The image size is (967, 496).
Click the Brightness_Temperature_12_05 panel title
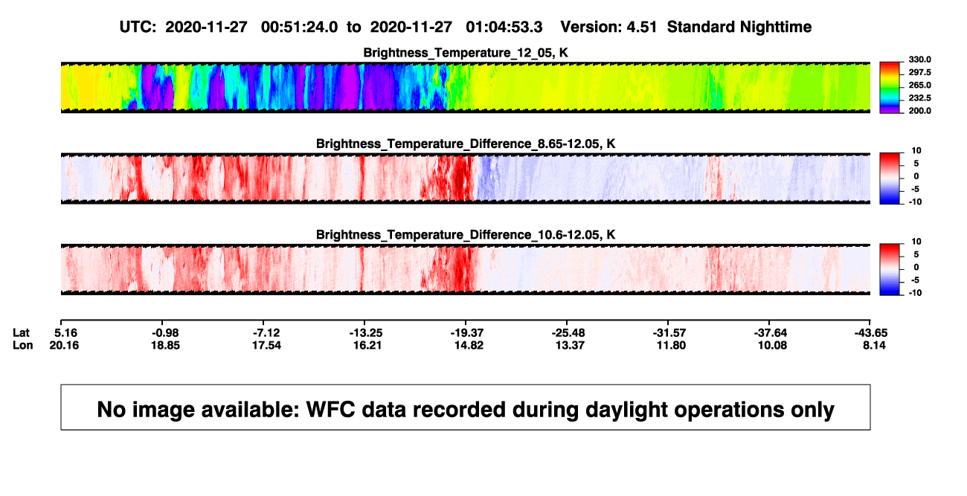(x=466, y=53)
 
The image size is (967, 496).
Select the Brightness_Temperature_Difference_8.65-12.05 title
(x=466, y=144)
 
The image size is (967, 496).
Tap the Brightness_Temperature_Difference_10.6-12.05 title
(x=466, y=235)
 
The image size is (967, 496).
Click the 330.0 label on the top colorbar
(x=919, y=59)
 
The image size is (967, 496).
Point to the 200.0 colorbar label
(x=919, y=111)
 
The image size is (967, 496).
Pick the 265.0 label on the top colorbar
(x=919, y=85)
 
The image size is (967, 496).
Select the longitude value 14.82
(x=469, y=345)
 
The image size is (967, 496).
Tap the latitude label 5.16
(x=65, y=333)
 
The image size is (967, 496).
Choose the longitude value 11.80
(x=671, y=345)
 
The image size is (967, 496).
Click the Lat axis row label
(x=21, y=333)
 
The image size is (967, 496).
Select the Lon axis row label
(x=22, y=345)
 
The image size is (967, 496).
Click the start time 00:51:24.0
(x=299, y=28)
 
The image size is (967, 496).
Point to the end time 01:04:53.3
(x=504, y=28)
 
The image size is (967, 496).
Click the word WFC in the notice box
(x=330, y=409)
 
